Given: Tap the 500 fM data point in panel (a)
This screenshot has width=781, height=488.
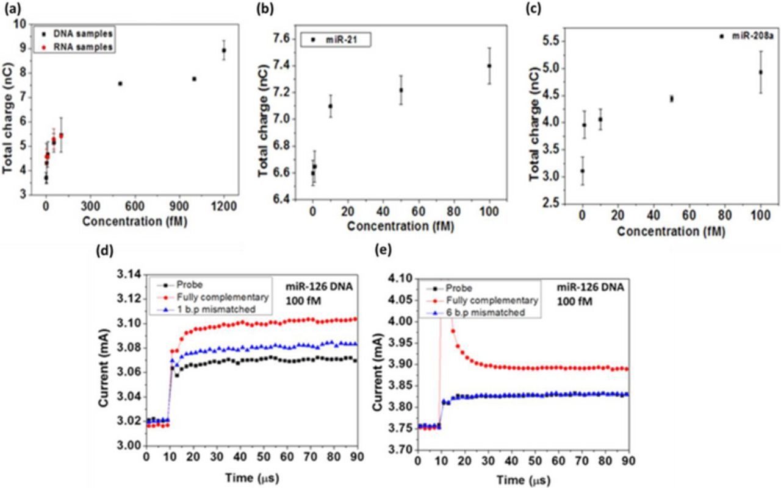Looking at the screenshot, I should [x=120, y=83].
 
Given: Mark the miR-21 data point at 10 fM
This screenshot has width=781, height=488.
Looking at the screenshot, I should [x=331, y=106].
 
